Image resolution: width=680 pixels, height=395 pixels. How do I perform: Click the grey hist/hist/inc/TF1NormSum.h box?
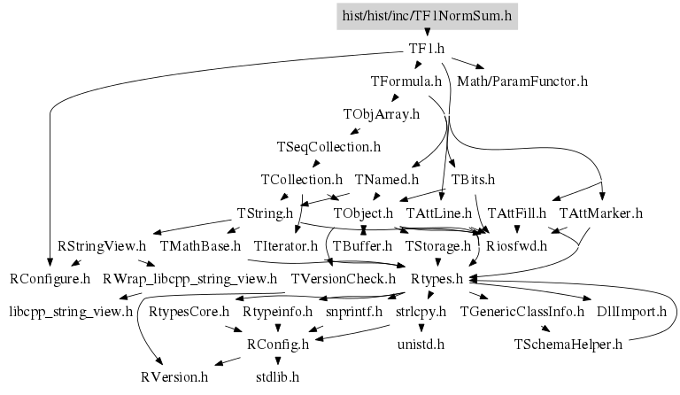(x=428, y=15)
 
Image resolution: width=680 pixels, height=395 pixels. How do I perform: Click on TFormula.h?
(x=406, y=81)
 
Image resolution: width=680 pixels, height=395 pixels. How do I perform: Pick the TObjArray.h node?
(x=381, y=114)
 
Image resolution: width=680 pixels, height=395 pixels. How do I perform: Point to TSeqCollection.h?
(x=328, y=146)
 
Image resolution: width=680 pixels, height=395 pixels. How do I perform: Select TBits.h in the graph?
(x=473, y=180)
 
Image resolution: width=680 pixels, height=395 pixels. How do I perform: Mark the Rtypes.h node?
(x=437, y=279)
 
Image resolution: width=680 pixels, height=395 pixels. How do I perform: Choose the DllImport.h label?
(x=631, y=311)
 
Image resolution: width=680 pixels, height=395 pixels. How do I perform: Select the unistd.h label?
(x=421, y=344)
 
